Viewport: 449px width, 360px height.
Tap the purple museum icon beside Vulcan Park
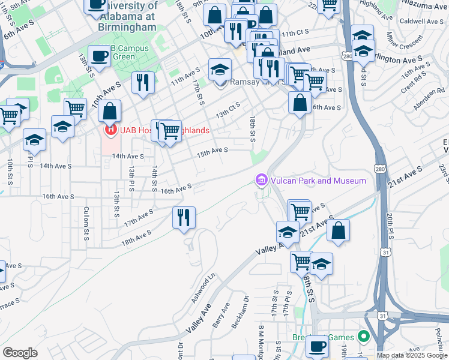tap(261, 180)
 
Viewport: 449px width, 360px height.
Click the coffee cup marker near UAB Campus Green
tap(100, 57)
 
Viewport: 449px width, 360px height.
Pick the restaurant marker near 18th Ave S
tap(184, 217)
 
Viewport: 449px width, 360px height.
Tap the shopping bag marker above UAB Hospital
tap(110, 111)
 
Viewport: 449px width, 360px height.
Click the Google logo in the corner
tap(20, 353)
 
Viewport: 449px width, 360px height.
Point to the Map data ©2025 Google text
tap(412, 355)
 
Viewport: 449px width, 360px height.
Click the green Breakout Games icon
tap(363, 337)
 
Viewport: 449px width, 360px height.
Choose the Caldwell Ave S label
tap(421, 20)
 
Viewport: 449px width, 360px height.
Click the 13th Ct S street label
tap(228, 110)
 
